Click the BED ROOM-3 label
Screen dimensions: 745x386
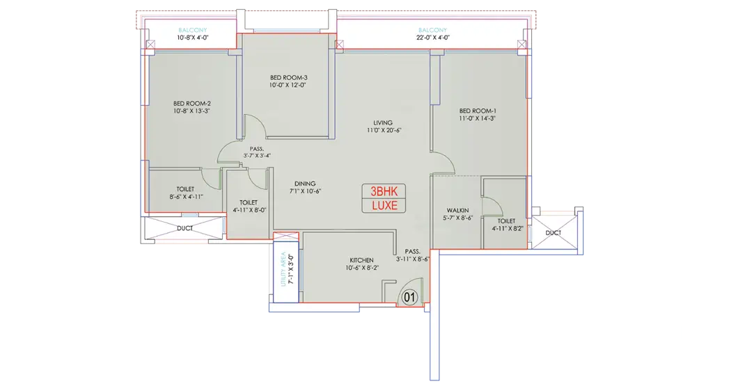tap(288, 77)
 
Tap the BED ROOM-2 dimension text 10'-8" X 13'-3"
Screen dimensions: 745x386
tap(191, 111)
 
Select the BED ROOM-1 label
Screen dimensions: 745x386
tap(478, 111)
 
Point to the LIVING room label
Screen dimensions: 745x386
tap(382, 122)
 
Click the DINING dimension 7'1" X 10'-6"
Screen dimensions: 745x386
tap(305, 191)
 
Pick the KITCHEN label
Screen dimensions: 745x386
tap(361, 260)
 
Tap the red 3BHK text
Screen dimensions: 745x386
tap(384, 191)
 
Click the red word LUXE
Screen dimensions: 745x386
tap(384, 206)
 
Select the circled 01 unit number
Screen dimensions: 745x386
tap(409, 298)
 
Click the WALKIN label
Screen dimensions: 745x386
tap(457, 210)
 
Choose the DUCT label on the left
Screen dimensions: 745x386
tap(185, 228)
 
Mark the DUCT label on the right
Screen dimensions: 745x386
tap(553, 233)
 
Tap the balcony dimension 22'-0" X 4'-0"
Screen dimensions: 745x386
tap(433, 38)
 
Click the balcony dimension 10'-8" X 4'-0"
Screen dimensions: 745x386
tap(193, 38)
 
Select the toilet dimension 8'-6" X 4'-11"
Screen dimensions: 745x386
tap(186, 197)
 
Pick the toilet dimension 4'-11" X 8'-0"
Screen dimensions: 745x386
tap(249, 210)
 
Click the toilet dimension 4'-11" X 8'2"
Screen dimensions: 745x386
tap(507, 228)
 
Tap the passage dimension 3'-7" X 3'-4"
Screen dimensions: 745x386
tap(257, 155)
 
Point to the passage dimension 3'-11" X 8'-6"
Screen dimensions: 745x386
tap(413, 259)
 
